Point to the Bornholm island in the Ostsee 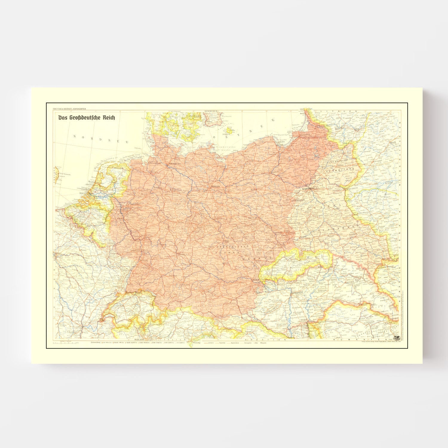[229, 131]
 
